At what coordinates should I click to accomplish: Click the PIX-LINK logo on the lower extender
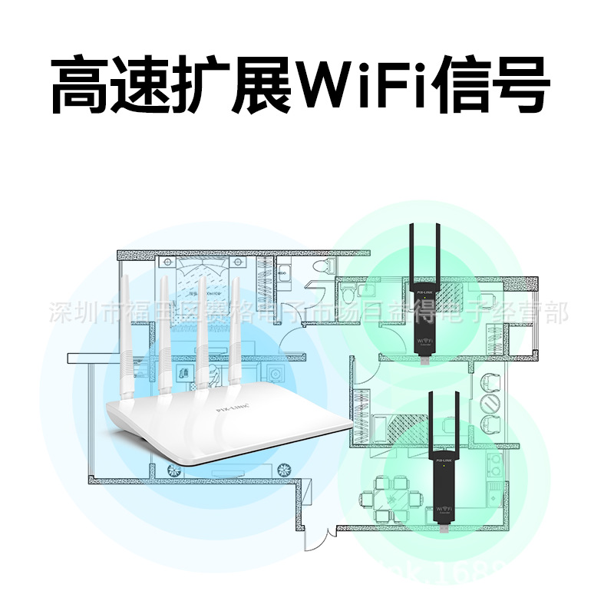tap(443, 460)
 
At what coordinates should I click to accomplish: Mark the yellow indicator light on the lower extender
tap(443, 467)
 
